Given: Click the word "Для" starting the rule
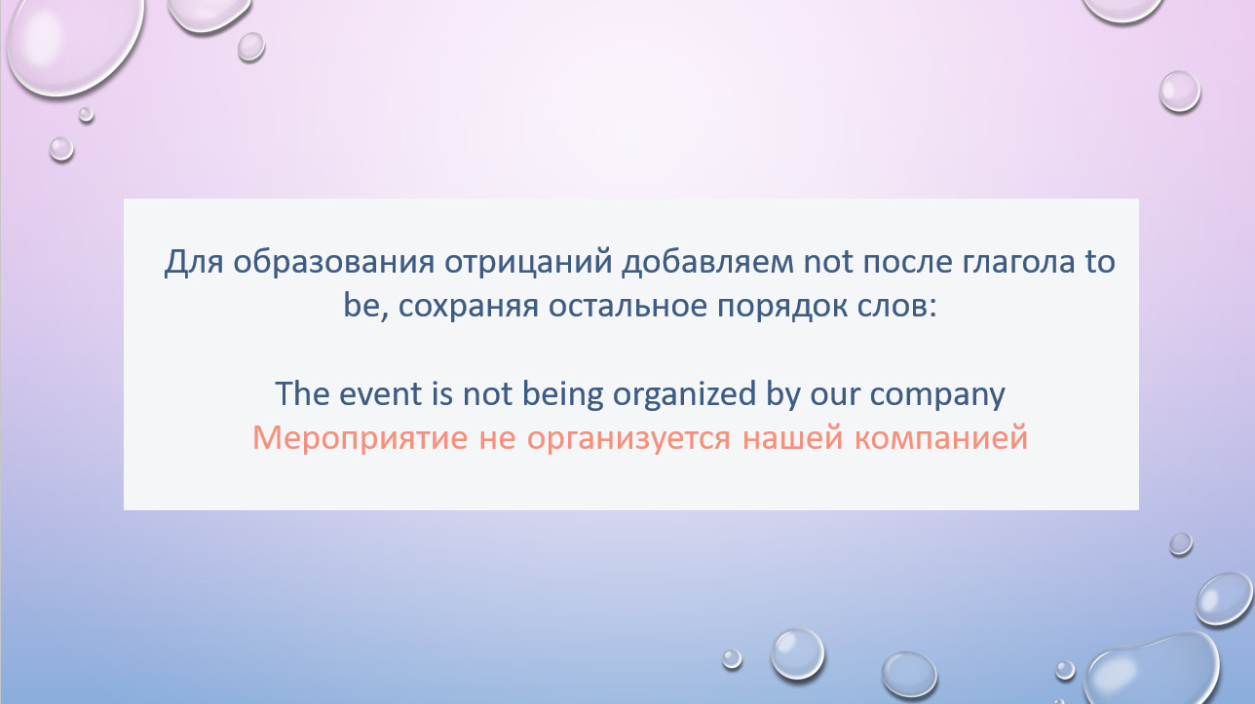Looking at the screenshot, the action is [194, 263].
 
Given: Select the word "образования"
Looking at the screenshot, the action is [334, 262].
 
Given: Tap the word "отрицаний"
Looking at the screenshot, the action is [528, 263].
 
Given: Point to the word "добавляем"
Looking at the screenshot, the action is [707, 263].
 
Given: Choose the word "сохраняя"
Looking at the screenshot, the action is [469, 308].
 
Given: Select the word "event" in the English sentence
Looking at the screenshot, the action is [380, 393].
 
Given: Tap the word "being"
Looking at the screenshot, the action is [563, 394].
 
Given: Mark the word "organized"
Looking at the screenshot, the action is [685, 394].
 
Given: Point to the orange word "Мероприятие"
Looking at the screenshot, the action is [360, 438].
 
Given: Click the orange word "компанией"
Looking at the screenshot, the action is [941, 438].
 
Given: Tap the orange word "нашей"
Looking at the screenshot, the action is [793, 438].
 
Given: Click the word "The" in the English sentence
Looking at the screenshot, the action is [302, 392].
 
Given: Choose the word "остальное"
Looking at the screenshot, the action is [628, 307].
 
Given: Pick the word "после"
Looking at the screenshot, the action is [908, 262].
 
